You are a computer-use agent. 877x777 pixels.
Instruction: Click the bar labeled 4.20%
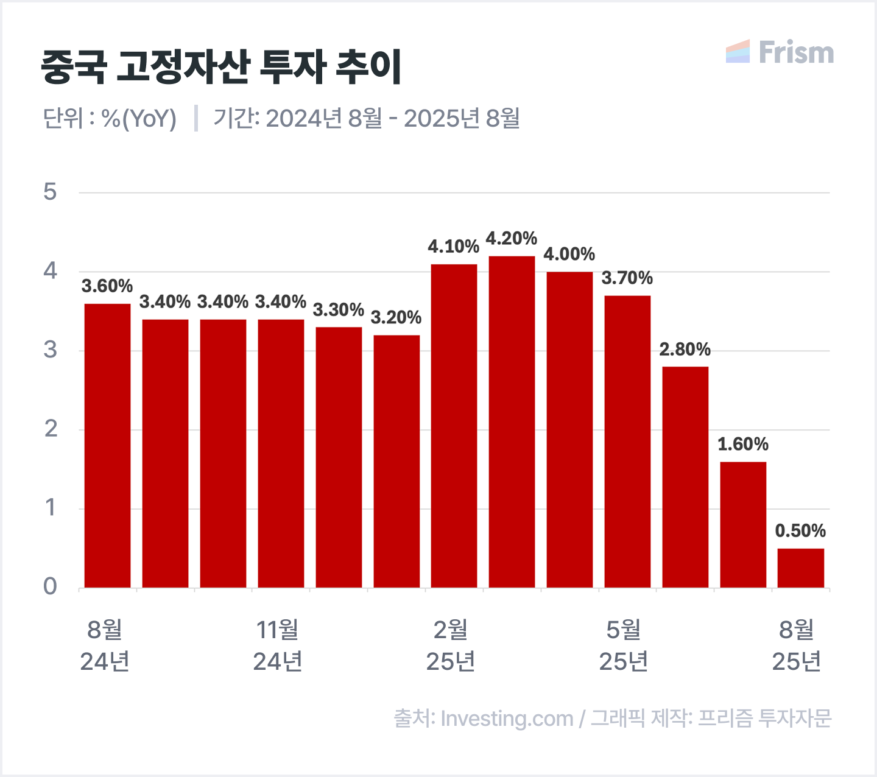tap(512, 421)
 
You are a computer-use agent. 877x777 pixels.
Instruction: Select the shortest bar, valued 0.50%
tap(800, 568)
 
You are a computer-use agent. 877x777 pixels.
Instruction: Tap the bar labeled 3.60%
tap(107, 445)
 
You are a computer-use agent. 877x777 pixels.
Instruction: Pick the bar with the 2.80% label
tap(685, 477)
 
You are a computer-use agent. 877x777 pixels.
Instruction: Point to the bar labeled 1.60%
tap(743, 524)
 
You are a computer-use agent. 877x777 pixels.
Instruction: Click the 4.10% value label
tap(453, 247)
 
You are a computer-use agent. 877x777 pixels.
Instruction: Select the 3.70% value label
tap(627, 278)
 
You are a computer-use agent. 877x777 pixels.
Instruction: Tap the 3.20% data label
tap(396, 317)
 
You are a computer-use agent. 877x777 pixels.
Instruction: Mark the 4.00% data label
tap(569, 254)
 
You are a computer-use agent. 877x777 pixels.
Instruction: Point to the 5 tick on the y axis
tap(50, 192)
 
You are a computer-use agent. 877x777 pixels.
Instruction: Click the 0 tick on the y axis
tap(50, 586)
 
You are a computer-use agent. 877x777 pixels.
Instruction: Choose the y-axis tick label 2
tap(51, 429)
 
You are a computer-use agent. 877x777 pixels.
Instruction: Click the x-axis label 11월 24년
tap(278, 645)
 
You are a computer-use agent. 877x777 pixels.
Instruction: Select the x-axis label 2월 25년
tap(451, 645)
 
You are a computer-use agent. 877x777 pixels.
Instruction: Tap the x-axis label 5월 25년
tap(624, 645)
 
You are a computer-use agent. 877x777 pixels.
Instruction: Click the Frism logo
tap(780, 52)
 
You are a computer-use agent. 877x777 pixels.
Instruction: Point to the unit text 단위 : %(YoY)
tap(110, 118)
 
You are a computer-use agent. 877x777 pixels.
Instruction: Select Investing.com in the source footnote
tap(507, 719)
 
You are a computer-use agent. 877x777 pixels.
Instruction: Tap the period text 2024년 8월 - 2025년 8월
tap(392, 118)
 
